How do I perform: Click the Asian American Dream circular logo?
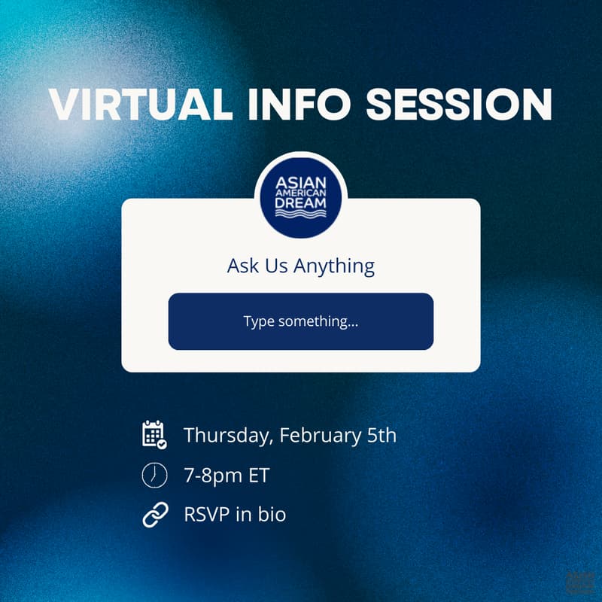pos(301,197)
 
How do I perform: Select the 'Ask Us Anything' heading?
pos(301,266)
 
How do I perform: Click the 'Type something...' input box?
pos(301,321)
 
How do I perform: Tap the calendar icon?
pos(154,434)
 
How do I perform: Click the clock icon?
pos(154,475)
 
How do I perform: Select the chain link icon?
pos(154,515)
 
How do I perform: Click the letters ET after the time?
pos(258,476)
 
